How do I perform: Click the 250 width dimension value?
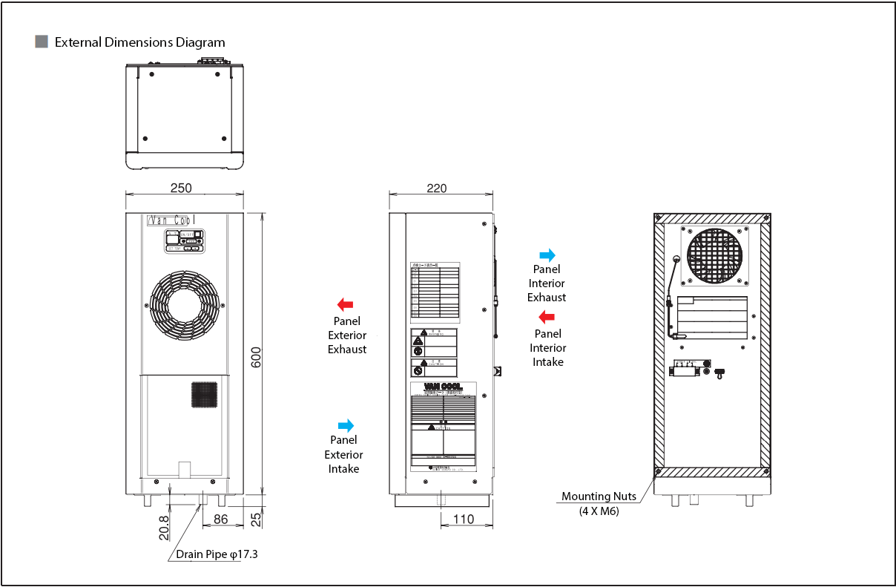click(x=181, y=188)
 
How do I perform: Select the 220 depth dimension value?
click(x=437, y=188)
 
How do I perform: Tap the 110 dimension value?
click(x=463, y=519)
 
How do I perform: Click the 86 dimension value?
click(x=220, y=519)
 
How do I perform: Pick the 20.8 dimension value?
click(x=164, y=527)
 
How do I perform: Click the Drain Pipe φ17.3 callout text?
click(x=217, y=554)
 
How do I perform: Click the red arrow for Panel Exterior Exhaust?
click(x=345, y=304)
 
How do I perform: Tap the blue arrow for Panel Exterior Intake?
click(x=346, y=425)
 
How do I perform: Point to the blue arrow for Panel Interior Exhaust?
click(x=547, y=255)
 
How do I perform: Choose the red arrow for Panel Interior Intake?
click(x=547, y=318)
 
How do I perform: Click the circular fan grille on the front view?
click(x=183, y=305)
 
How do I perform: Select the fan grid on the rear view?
click(x=715, y=255)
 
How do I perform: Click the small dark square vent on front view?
click(x=205, y=395)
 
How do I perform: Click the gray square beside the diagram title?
click(x=42, y=42)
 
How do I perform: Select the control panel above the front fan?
click(x=185, y=240)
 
